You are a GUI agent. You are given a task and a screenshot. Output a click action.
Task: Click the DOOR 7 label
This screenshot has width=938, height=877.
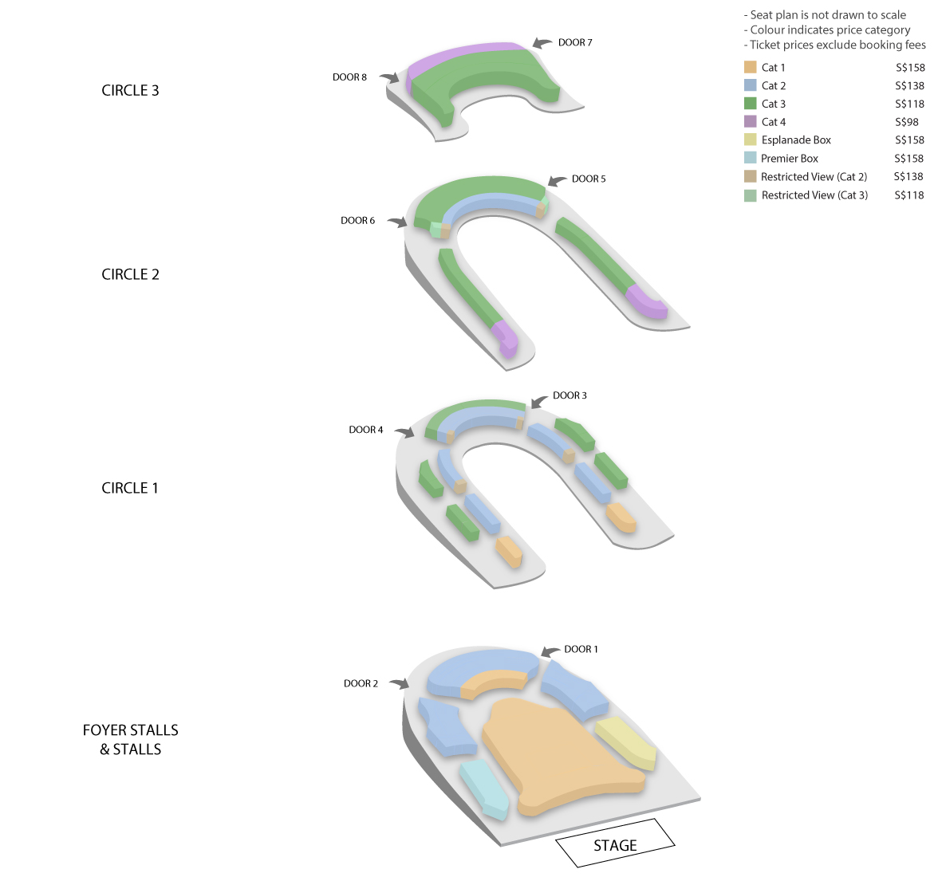(x=575, y=42)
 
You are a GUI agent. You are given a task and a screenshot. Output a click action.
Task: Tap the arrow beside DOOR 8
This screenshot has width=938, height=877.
(x=389, y=77)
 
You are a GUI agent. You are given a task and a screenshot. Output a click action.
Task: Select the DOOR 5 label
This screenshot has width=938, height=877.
(x=589, y=179)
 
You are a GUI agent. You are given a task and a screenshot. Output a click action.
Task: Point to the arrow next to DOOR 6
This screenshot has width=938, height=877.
(x=397, y=222)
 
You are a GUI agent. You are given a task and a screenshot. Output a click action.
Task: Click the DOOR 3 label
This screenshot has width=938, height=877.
(x=569, y=395)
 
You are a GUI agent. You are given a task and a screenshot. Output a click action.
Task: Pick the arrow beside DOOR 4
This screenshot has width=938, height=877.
(x=404, y=431)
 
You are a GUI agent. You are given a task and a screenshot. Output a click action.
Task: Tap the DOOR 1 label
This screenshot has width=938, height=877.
(x=581, y=649)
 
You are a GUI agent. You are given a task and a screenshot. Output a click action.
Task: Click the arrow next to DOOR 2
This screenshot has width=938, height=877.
(x=400, y=683)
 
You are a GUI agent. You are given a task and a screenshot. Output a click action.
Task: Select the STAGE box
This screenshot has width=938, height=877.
(x=615, y=843)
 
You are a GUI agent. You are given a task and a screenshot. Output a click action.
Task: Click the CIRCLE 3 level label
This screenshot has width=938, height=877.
(x=131, y=90)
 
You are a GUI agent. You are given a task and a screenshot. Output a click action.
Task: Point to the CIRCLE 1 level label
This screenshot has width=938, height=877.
(x=130, y=488)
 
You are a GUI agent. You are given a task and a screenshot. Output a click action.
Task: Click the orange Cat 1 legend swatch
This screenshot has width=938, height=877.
(x=750, y=67)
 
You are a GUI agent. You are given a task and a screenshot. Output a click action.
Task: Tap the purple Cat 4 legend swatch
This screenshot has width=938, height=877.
(x=750, y=121)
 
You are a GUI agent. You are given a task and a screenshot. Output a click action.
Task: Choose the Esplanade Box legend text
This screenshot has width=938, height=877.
(x=796, y=140)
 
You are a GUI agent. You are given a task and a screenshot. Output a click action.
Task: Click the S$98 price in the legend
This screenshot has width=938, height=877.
(x=907, y=122)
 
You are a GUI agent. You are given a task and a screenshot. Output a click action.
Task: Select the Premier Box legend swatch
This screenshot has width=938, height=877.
(x=750, y=158)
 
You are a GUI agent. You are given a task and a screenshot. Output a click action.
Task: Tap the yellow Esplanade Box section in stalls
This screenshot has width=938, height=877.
(x=625, y=744)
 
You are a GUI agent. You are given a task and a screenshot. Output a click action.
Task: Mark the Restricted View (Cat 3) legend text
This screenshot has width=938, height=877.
(x=815, y=195)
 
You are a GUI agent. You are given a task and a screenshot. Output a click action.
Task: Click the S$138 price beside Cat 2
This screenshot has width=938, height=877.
(x=910, y=85)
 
